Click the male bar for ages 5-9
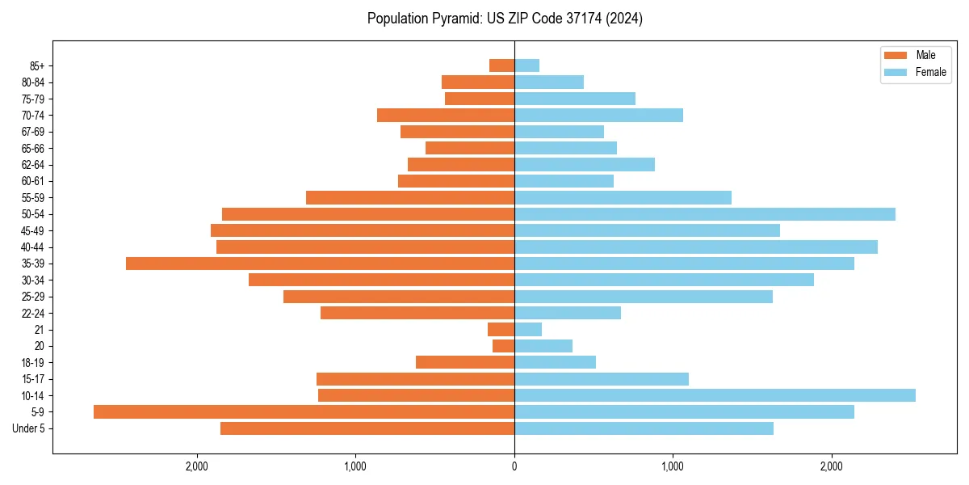pyautogui.click(x=304, y=411)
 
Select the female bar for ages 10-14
pyautogui.click(x=715, y=395)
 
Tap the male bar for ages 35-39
pyautogui.click(x=320, y=264)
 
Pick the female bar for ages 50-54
pyautogui.click(x=705, y=214)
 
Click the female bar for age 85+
pyautogui.click(x=526, y=65)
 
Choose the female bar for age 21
pyautogui.click(x=528, y=329)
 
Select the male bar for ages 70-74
pyautogui.click(x=446, y=115)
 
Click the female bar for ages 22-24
pyautogui.click(x=568, y=313)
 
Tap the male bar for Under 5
pyautogui.click(x=367, y=428)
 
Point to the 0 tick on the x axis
pyautogui.click(x=514, y=466)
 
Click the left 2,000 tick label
pyautogui.click(x=197, y=466)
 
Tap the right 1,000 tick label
pyautogui.click(x=673, y=466)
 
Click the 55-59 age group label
pyautogui.click(x=32, y=198)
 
